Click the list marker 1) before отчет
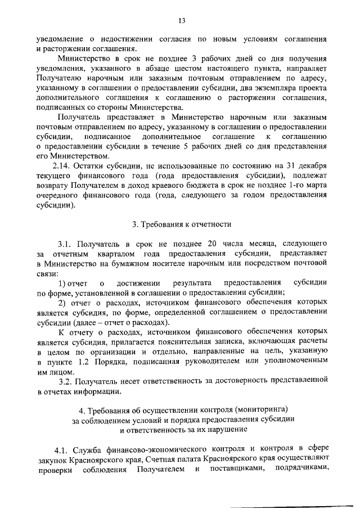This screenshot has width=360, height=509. click(x=64, y=282)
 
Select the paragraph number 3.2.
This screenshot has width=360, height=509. click(x=66, y=383)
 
